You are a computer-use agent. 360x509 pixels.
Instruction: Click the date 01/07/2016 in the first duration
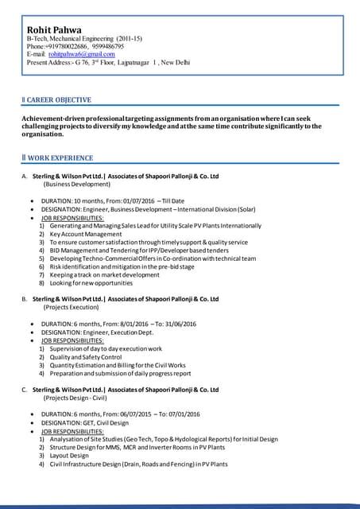134,200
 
